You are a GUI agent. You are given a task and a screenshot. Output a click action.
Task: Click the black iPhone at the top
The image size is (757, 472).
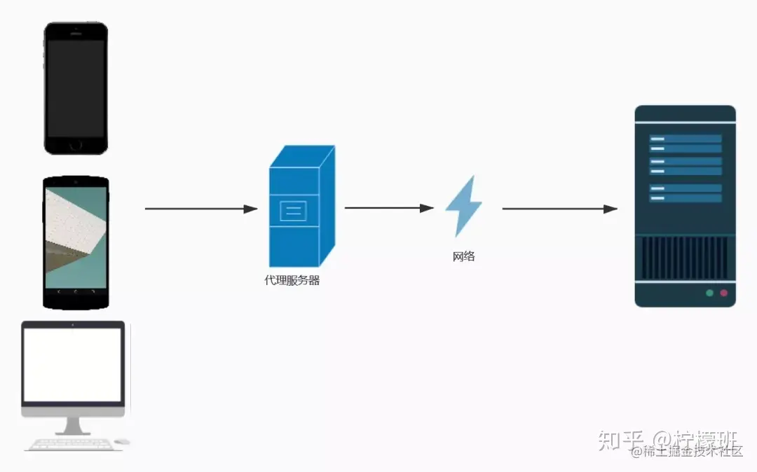tap(76, 88)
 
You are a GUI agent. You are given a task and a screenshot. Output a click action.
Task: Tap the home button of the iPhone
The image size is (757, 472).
tap(76, 145)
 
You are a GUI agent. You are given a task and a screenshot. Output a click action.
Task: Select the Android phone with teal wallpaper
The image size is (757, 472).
tap(76, 242)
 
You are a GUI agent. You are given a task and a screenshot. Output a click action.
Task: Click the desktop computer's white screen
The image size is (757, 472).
tap(73, 364)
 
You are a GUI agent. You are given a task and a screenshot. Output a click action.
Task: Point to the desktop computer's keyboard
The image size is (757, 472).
tap(68, 444)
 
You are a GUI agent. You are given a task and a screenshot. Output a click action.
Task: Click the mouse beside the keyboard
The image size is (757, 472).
tap(122, 442)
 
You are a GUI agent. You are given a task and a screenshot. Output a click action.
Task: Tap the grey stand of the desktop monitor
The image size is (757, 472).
tap(73, 425)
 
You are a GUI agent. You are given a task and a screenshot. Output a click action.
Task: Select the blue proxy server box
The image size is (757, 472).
tap(301, 207)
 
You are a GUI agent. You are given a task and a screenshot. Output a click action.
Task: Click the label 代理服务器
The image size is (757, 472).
tap(292, 281)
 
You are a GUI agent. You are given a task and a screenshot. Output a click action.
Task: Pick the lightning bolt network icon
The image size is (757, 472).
tap(463, 206)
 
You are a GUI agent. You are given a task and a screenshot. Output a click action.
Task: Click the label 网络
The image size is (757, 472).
tap(463, 256)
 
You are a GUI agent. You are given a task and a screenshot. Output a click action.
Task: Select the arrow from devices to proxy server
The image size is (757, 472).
tap(200, 209)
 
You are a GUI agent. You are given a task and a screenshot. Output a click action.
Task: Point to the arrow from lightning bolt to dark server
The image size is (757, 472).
tap(559, 209)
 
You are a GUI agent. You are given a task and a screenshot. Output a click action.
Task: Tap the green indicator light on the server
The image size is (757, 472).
tap(709, 293)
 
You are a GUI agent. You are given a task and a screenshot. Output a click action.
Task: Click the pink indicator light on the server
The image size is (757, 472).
tap(724, 293)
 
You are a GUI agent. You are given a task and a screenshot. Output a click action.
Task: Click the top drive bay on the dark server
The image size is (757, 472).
tap(685, 139)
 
